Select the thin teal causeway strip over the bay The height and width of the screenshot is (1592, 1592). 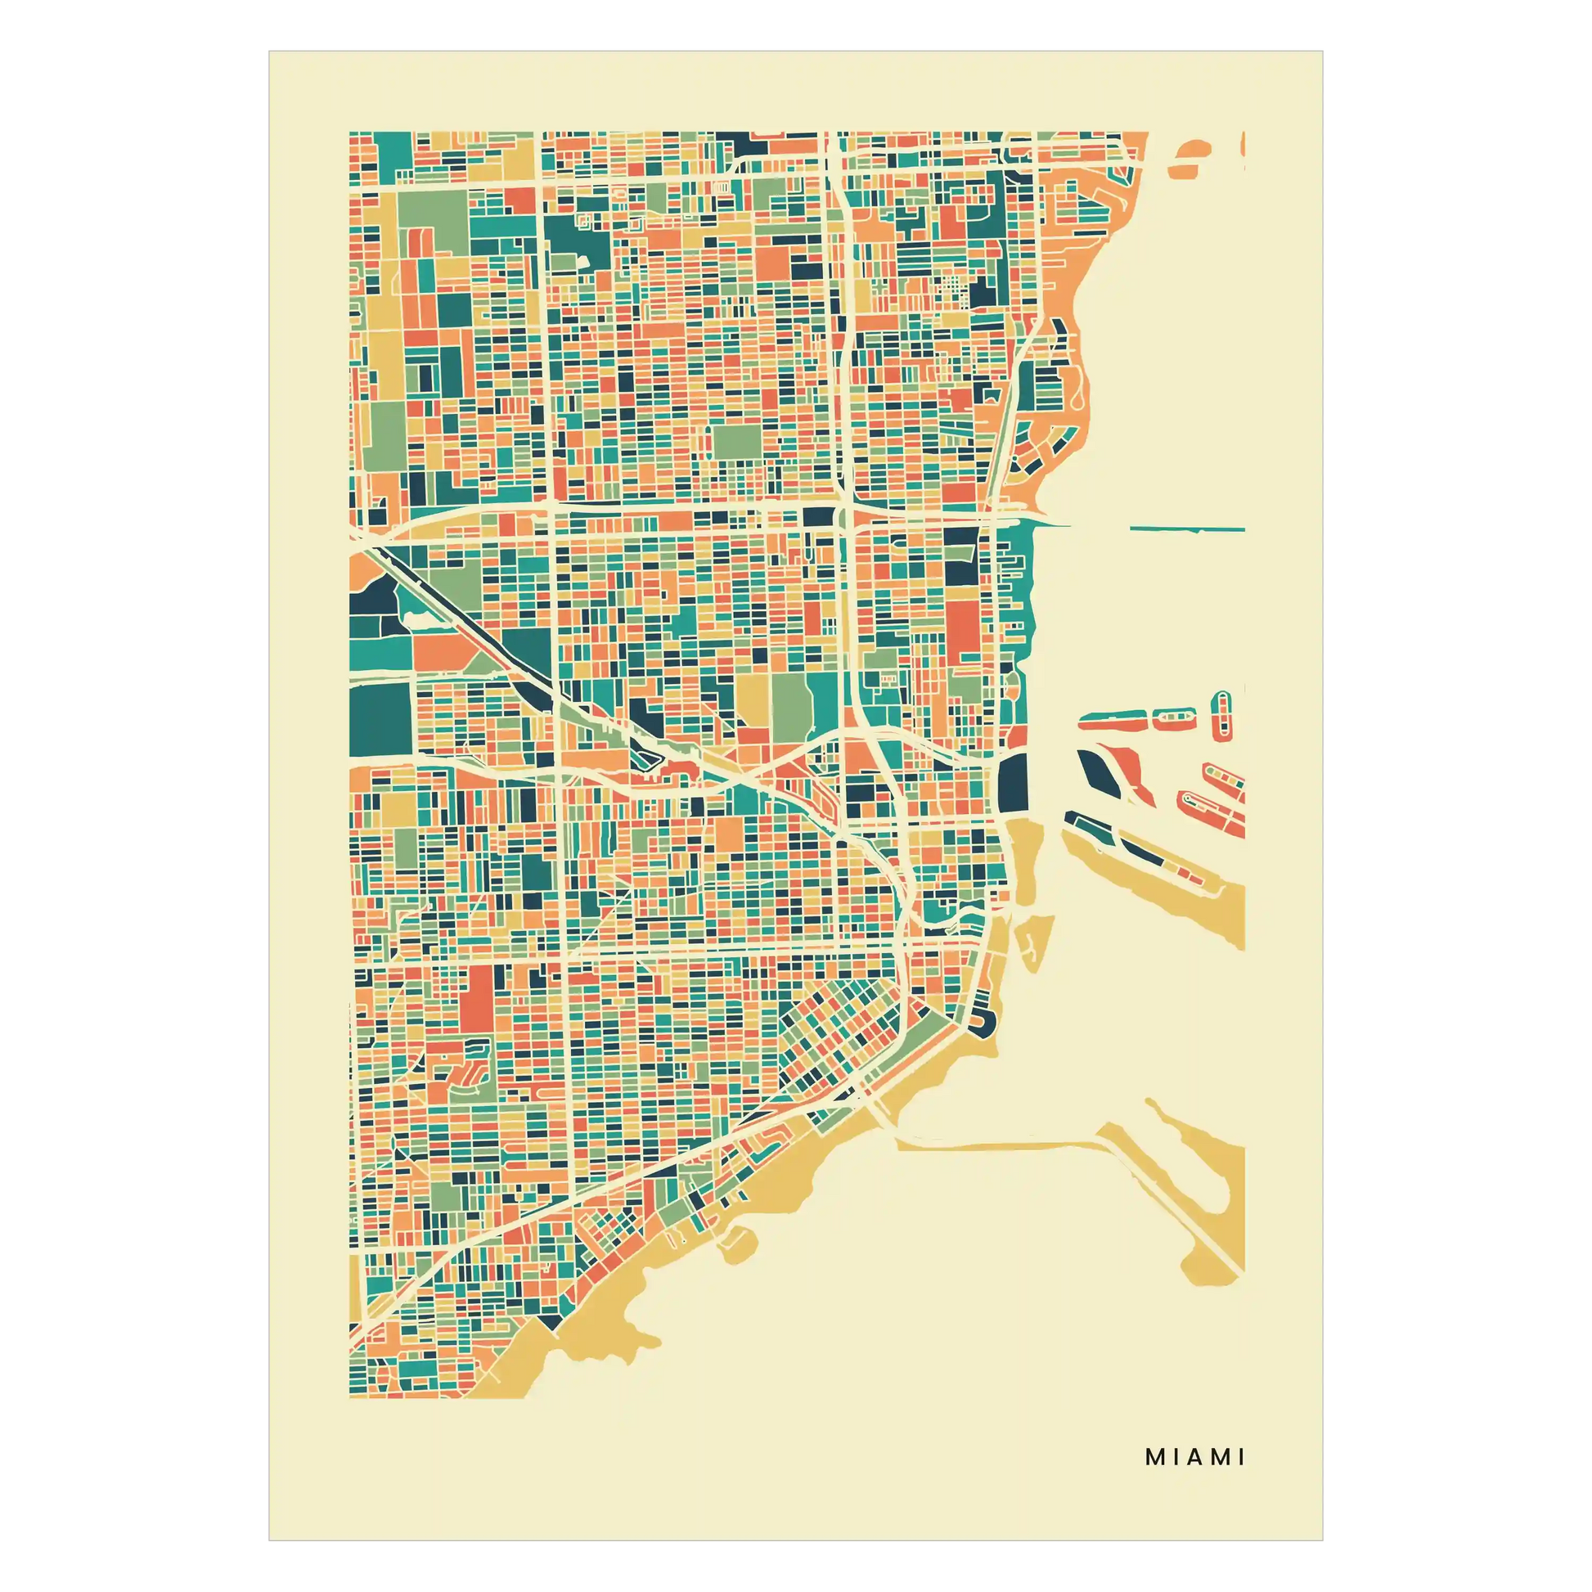(1186, 528)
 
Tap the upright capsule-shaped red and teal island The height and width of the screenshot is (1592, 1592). (1221, 714)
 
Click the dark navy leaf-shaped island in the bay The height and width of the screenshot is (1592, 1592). (1095, 767)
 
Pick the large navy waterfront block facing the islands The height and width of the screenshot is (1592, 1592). (1011, 782)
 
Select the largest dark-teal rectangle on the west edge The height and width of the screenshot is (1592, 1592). (380, 719)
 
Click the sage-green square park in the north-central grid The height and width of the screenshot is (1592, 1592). (735, 442)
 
